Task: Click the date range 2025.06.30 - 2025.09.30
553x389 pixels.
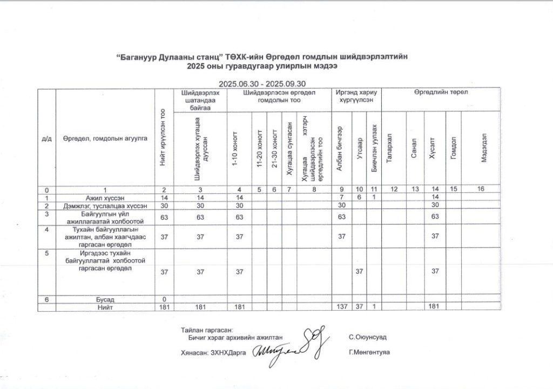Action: click(x=262, y=84)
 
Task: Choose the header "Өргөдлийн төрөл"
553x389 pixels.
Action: click(x=441, y=92)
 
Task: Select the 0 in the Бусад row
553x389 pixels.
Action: click(x=163, y=299)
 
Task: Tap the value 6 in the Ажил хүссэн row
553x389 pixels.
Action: click(x=359, y=198)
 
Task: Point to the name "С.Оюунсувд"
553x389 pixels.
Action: click(x=368, y=337)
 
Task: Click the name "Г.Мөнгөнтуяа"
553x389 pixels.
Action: click(x=370, y=352)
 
